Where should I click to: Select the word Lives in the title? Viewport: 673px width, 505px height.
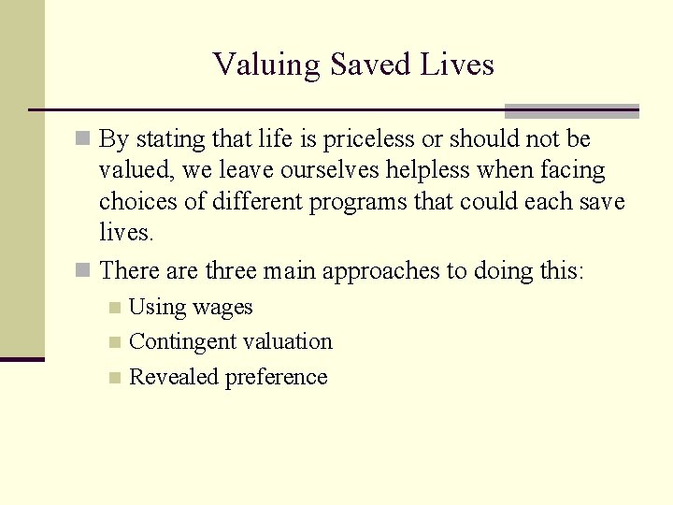tap(460, 65)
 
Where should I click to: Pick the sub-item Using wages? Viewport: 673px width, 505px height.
tap(191, 308)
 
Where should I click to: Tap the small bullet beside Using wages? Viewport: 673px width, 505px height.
tap(114, 308)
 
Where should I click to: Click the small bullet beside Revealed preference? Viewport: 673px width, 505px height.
tap(114, 378)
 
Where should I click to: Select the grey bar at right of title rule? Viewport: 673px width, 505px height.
tap(571, 110)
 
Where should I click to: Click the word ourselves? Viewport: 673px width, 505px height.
tap(279, 171)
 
